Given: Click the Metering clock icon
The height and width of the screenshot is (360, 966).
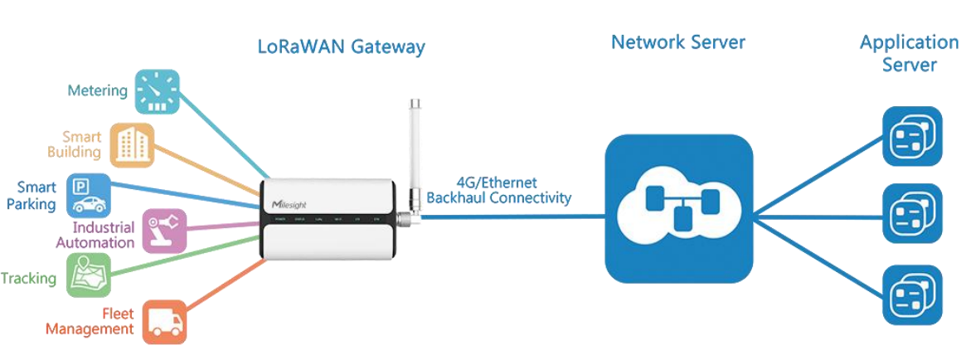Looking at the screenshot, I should (157, 90).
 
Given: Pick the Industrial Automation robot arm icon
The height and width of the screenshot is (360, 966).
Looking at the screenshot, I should (164, 230).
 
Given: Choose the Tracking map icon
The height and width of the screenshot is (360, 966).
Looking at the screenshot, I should (89, 275).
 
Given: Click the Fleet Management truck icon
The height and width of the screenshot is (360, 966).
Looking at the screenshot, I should (164, 321).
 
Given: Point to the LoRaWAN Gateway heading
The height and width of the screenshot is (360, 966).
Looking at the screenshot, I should (340, 46).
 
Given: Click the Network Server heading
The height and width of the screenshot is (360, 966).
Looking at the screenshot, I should (678, 41).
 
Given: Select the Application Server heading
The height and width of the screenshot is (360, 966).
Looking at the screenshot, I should (909, 53).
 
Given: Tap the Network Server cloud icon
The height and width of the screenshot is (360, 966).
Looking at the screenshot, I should (679, 207).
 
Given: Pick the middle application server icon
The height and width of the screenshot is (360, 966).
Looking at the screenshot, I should (912, 213).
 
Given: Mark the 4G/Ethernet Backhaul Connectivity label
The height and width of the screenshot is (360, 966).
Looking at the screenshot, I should (498, 191).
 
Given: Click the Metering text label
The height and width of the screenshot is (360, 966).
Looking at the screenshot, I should (98, 90).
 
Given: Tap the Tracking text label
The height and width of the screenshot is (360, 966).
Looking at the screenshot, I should (28, 279).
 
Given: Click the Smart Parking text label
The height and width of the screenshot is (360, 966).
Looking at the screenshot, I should (36, 196).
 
